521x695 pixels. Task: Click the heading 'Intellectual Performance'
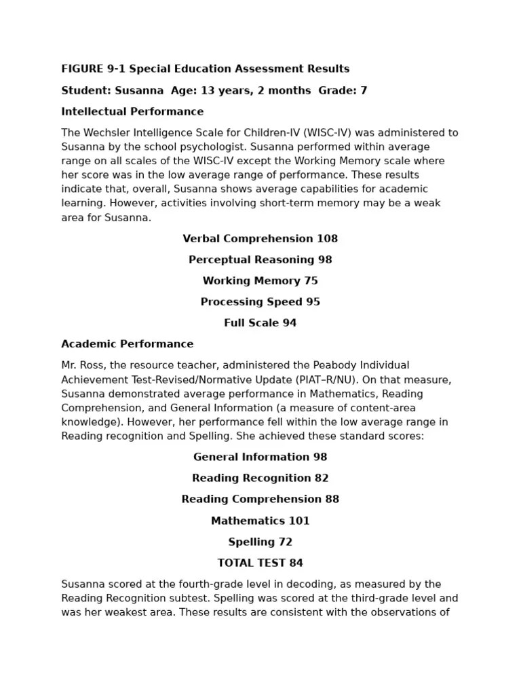click(132, 111)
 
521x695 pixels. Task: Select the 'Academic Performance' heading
click(127, 343)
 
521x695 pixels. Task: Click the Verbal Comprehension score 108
click(327, 238)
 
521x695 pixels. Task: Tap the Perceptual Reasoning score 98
click(325, 259)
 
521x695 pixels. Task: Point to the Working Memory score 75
click(311, 280)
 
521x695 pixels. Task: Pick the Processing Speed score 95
click(313, 301)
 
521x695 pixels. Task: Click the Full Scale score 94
click(290, 322)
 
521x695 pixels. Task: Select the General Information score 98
click(320, 457)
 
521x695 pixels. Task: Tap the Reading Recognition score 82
click(322, 478)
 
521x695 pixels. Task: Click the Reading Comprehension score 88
click(332, 499)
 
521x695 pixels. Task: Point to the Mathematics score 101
click(299, 521)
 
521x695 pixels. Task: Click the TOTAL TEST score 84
click(296, 563)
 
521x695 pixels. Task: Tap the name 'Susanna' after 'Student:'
click(139, 90)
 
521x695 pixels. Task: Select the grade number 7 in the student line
click(364, 90)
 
